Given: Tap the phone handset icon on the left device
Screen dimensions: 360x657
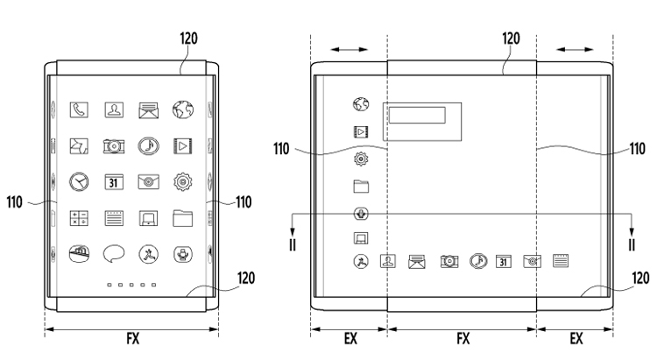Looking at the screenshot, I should (79, 110).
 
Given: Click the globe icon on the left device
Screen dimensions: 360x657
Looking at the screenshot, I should (182, 110).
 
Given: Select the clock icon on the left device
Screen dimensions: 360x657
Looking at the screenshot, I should (79, 181).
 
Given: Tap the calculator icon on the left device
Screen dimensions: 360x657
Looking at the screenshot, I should (79, 217).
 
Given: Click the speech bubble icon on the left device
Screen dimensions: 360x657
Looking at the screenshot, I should (113, 254).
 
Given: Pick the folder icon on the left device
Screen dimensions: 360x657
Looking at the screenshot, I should (182, 217).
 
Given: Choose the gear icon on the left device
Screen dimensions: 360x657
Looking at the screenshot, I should (182, 181).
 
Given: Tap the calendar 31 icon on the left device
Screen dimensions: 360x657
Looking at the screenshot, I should (113, 182).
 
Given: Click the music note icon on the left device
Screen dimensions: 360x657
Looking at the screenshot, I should (148, 145).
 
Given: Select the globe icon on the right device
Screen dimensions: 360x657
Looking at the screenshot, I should (360, 105).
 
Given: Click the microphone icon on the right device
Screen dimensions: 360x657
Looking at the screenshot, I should (360, 213).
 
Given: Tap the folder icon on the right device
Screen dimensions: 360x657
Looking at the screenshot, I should (360, 186).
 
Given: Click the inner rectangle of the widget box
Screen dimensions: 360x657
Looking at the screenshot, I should (418, 116).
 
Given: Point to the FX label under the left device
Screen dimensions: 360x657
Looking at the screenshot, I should (131, 342).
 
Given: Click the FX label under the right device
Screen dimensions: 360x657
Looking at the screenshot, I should (463, 342).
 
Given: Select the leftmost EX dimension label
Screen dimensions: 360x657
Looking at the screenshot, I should (349, 342).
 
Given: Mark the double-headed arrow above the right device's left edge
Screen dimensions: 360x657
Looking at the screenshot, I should (350, 51).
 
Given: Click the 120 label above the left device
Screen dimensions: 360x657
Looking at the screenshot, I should (189, 39).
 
